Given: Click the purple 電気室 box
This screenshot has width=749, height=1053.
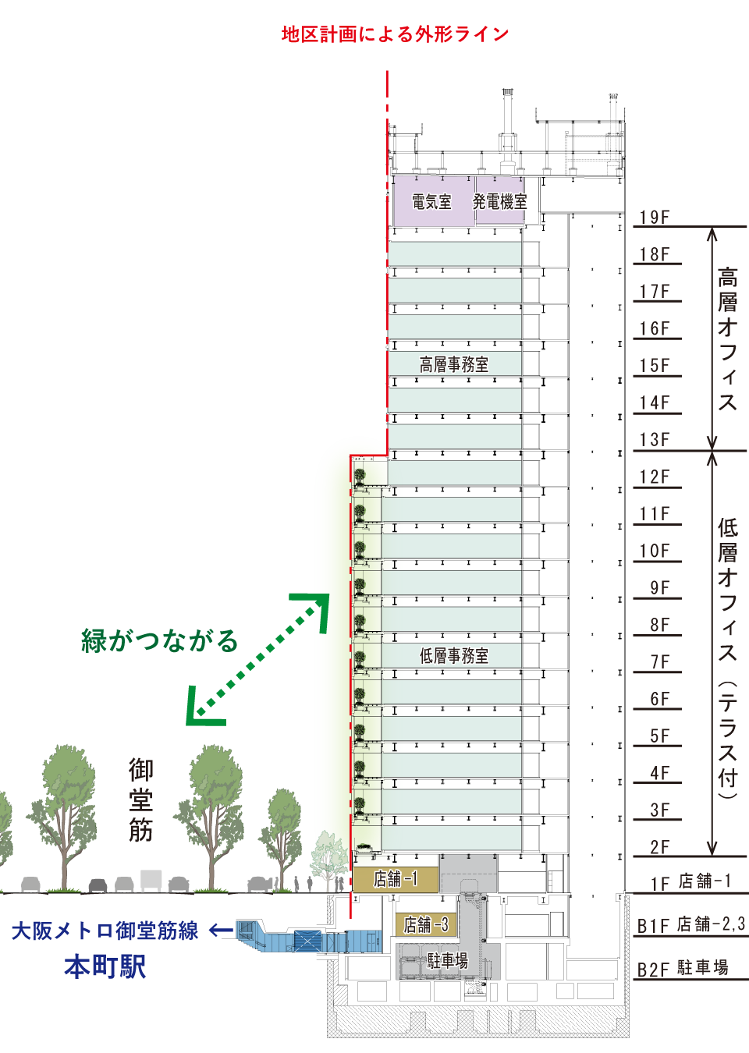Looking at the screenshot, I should [x=433, y=202].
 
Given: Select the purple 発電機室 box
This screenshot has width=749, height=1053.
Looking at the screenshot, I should [x=499, y=201].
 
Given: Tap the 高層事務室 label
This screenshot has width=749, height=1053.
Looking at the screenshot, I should [x=454, y=364].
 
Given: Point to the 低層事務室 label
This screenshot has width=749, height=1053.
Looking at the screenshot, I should [x=454, y=656].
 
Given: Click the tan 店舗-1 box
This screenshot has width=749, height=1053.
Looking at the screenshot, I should [x=395, y=879].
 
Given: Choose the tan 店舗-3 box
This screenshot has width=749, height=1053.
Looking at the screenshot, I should [x=425, y=925].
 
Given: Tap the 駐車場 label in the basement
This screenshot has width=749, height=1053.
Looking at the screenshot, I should [x=448, y=961].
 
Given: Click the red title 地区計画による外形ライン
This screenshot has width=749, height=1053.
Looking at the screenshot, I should [x=395, y=34].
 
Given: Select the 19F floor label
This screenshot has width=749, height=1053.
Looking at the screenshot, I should [x=655, y=218].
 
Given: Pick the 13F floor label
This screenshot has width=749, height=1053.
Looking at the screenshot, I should [x=655, y=440].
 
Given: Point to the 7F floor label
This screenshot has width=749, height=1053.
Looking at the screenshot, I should [x=660, y=662].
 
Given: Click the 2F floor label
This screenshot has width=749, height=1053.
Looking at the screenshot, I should [x=660, y=847].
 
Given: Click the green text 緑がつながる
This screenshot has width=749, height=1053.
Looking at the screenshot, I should [x=159, y=640].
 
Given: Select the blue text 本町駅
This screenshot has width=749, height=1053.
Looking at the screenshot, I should [x=105, y=966].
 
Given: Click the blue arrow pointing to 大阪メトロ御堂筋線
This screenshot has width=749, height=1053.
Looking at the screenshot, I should [x=221, y=931].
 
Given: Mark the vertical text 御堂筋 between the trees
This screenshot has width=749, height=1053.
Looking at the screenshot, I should [x=140, y=799].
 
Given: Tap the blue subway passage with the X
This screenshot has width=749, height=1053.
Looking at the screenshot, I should [x=308, y=941].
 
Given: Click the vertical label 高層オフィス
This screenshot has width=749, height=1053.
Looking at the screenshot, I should [x=728, y=339].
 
